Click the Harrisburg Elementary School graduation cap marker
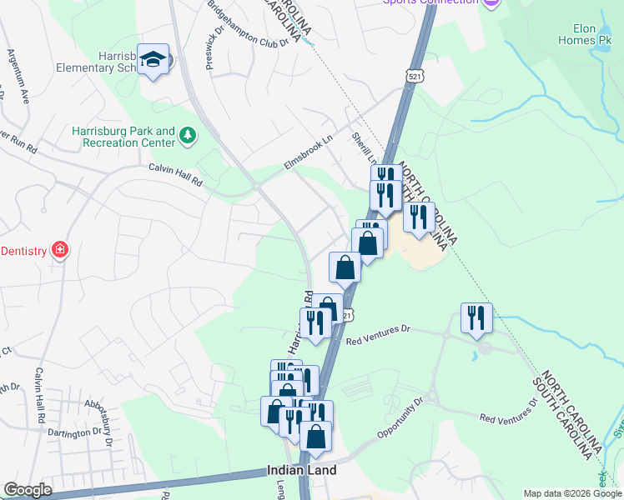[x=153, y=59]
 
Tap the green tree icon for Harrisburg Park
[x=189, y=135]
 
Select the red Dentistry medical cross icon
[x=58, y=250]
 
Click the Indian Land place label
[x=301, y=470]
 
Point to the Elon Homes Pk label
[x=590, y=32]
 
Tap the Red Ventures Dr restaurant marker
[x=476, y=318]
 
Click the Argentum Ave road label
[x=18, y=76]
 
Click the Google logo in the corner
[x=28, y=490]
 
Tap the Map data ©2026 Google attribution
[x=572, y=493]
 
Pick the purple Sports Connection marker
[x=491, y=2]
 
